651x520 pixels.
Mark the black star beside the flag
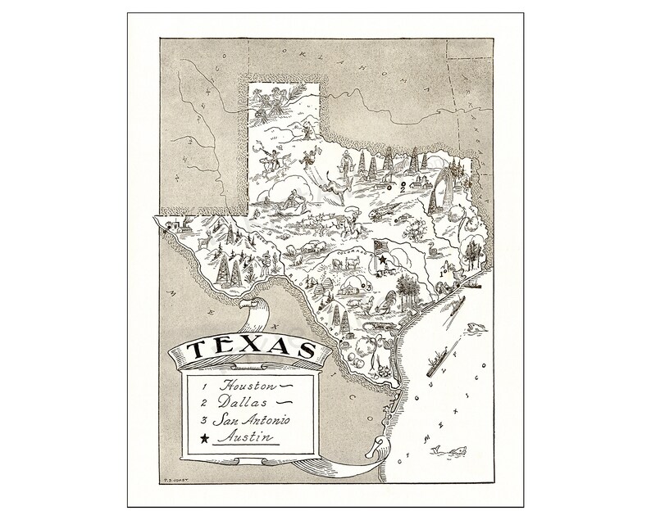[x=383, y=260]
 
